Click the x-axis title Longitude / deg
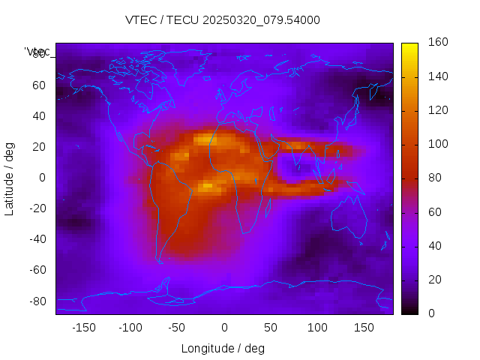pyautogui.click(x=223, y=348)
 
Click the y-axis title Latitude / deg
pyautogui.click(x=10, y=177)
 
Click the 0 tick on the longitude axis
pyautogui.click(x=223, y=328)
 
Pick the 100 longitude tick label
pyautogui.click(x=316, y=328)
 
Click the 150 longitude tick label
pyautogui.click(x=363, y=328)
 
